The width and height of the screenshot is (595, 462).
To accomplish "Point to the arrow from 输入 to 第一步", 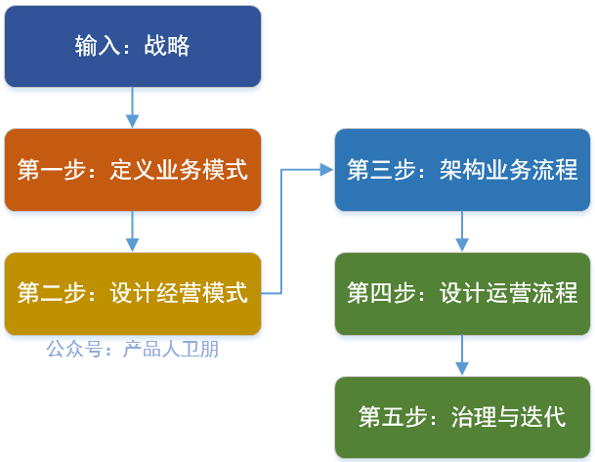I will coord(132,107).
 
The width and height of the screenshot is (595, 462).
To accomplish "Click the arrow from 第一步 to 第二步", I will coord(132,231).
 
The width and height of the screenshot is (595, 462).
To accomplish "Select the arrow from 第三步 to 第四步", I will coord(462,231).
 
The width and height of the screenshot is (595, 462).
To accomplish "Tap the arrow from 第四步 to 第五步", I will coord(462,356).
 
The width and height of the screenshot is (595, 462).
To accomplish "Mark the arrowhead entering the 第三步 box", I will coord(326,170).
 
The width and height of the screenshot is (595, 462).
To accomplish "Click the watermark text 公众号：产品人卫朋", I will coord(132,348).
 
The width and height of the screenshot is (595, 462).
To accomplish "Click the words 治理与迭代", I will coord(509,417).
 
